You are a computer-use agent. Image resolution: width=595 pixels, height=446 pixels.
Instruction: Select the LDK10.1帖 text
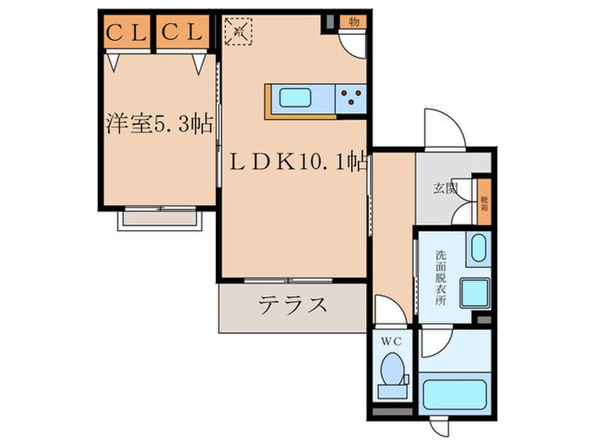click(294, 159)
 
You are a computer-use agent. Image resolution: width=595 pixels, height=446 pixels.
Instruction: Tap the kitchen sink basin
click(295, 99)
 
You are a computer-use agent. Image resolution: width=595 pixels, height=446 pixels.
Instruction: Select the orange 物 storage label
click(353, 21)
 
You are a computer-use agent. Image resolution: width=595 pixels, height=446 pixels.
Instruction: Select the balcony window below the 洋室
click(161, 217)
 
